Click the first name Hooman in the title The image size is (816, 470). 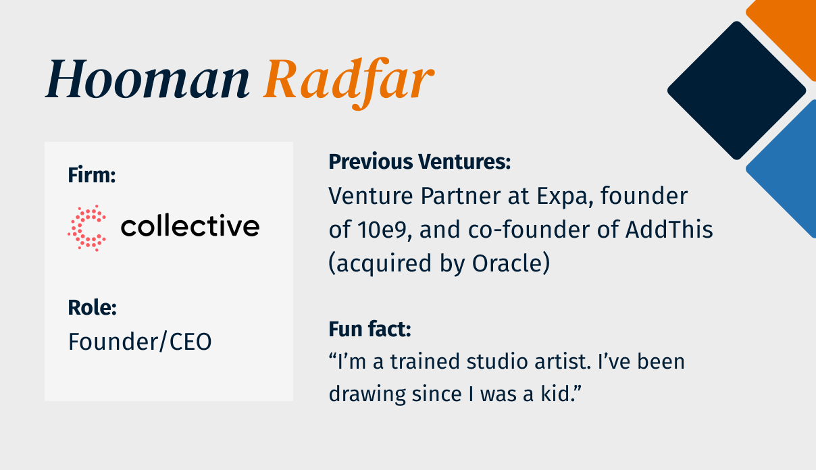click(x=147, y=80)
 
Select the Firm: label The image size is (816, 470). click(x=92, y=176)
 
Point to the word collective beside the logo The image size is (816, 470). click(x=190, y=226)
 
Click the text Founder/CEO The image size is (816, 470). click(x=140, y=342)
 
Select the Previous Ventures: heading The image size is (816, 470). click(x=419, y=162)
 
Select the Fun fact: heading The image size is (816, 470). click(x=370, y=330)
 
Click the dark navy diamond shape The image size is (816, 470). click(x=736, y=90)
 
